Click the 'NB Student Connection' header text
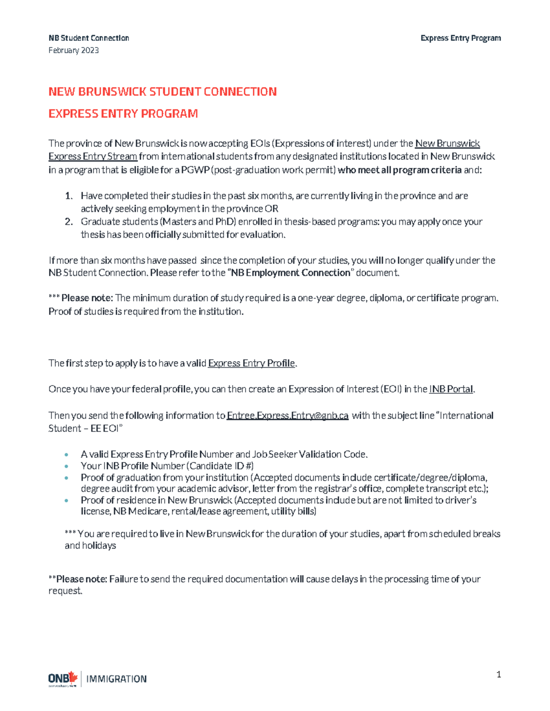(88, 38)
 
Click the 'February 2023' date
(73, 50)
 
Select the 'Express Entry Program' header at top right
(460, 38)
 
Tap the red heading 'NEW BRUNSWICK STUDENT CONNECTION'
(162, 92)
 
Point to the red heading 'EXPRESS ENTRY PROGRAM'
(123, 114)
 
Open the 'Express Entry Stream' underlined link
(93, 157)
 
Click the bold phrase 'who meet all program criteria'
(399, 170)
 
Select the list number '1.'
(69, 196)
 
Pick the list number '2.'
(69, 222)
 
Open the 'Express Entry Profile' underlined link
(251, 363)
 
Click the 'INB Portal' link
(451, 389)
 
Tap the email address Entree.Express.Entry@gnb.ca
(287, 416)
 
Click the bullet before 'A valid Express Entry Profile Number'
(67, 455)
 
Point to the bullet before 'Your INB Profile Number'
(67, 466)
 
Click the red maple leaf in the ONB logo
(72, 677)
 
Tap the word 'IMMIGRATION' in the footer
(116, 679)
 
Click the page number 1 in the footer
(499, 674)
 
